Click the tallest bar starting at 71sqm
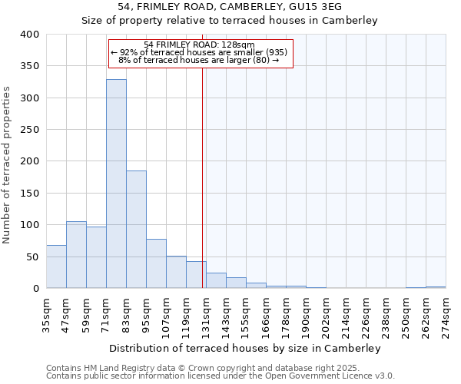click(x=116, y=184)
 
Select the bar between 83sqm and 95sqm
click(x=136, y=230)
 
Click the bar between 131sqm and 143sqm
click(x=216, y=281)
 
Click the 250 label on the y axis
click(x=28, y=130)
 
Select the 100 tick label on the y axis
click(x=28, y=225)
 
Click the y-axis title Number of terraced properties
click(x=7, y=164)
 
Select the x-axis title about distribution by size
click(x=245, y=348)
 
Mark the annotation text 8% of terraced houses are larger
click(x=198, y=60)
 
